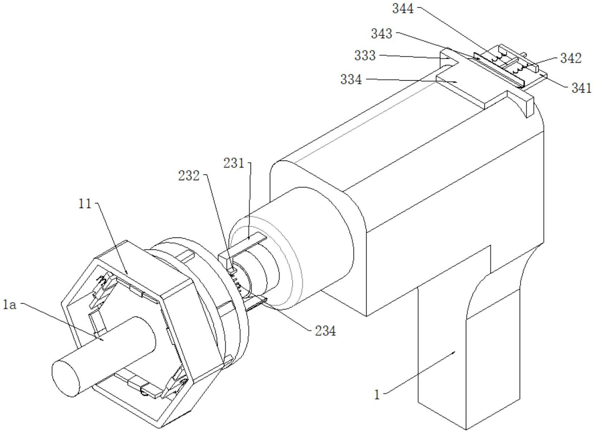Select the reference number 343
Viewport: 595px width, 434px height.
click(382, 33)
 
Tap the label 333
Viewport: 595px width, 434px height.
click(365, 56)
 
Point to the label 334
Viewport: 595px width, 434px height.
click(351, 79)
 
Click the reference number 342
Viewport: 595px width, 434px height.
click(571, 58)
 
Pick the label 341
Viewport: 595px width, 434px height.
click(582, 88)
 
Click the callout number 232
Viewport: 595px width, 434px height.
click(189, 176)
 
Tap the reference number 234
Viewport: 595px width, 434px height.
click(326, 330)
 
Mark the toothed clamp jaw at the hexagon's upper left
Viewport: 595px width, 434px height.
click(104, 287)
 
